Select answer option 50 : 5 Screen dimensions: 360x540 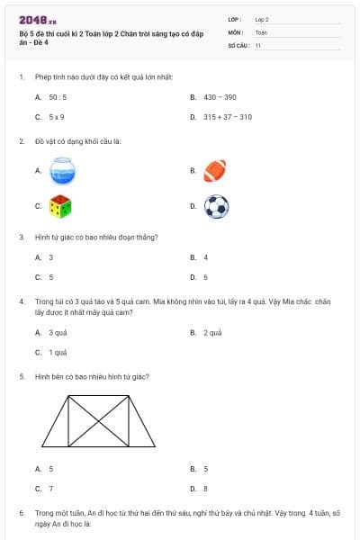tap(56, 95)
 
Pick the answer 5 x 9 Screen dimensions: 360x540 tap(56, 117)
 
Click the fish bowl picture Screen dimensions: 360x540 tap(61, 170)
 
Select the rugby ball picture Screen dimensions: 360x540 tap(215, 170)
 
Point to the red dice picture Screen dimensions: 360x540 tap(60, 206)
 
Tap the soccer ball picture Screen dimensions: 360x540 tap(216, 207)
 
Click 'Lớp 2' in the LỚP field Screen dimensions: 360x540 tap(262, 19)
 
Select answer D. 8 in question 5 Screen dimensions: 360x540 tap(205, 489)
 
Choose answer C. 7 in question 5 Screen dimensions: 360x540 tap(50, 489)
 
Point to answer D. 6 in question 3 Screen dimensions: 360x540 tap(205, 277)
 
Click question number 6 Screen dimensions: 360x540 tap(21, 512)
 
